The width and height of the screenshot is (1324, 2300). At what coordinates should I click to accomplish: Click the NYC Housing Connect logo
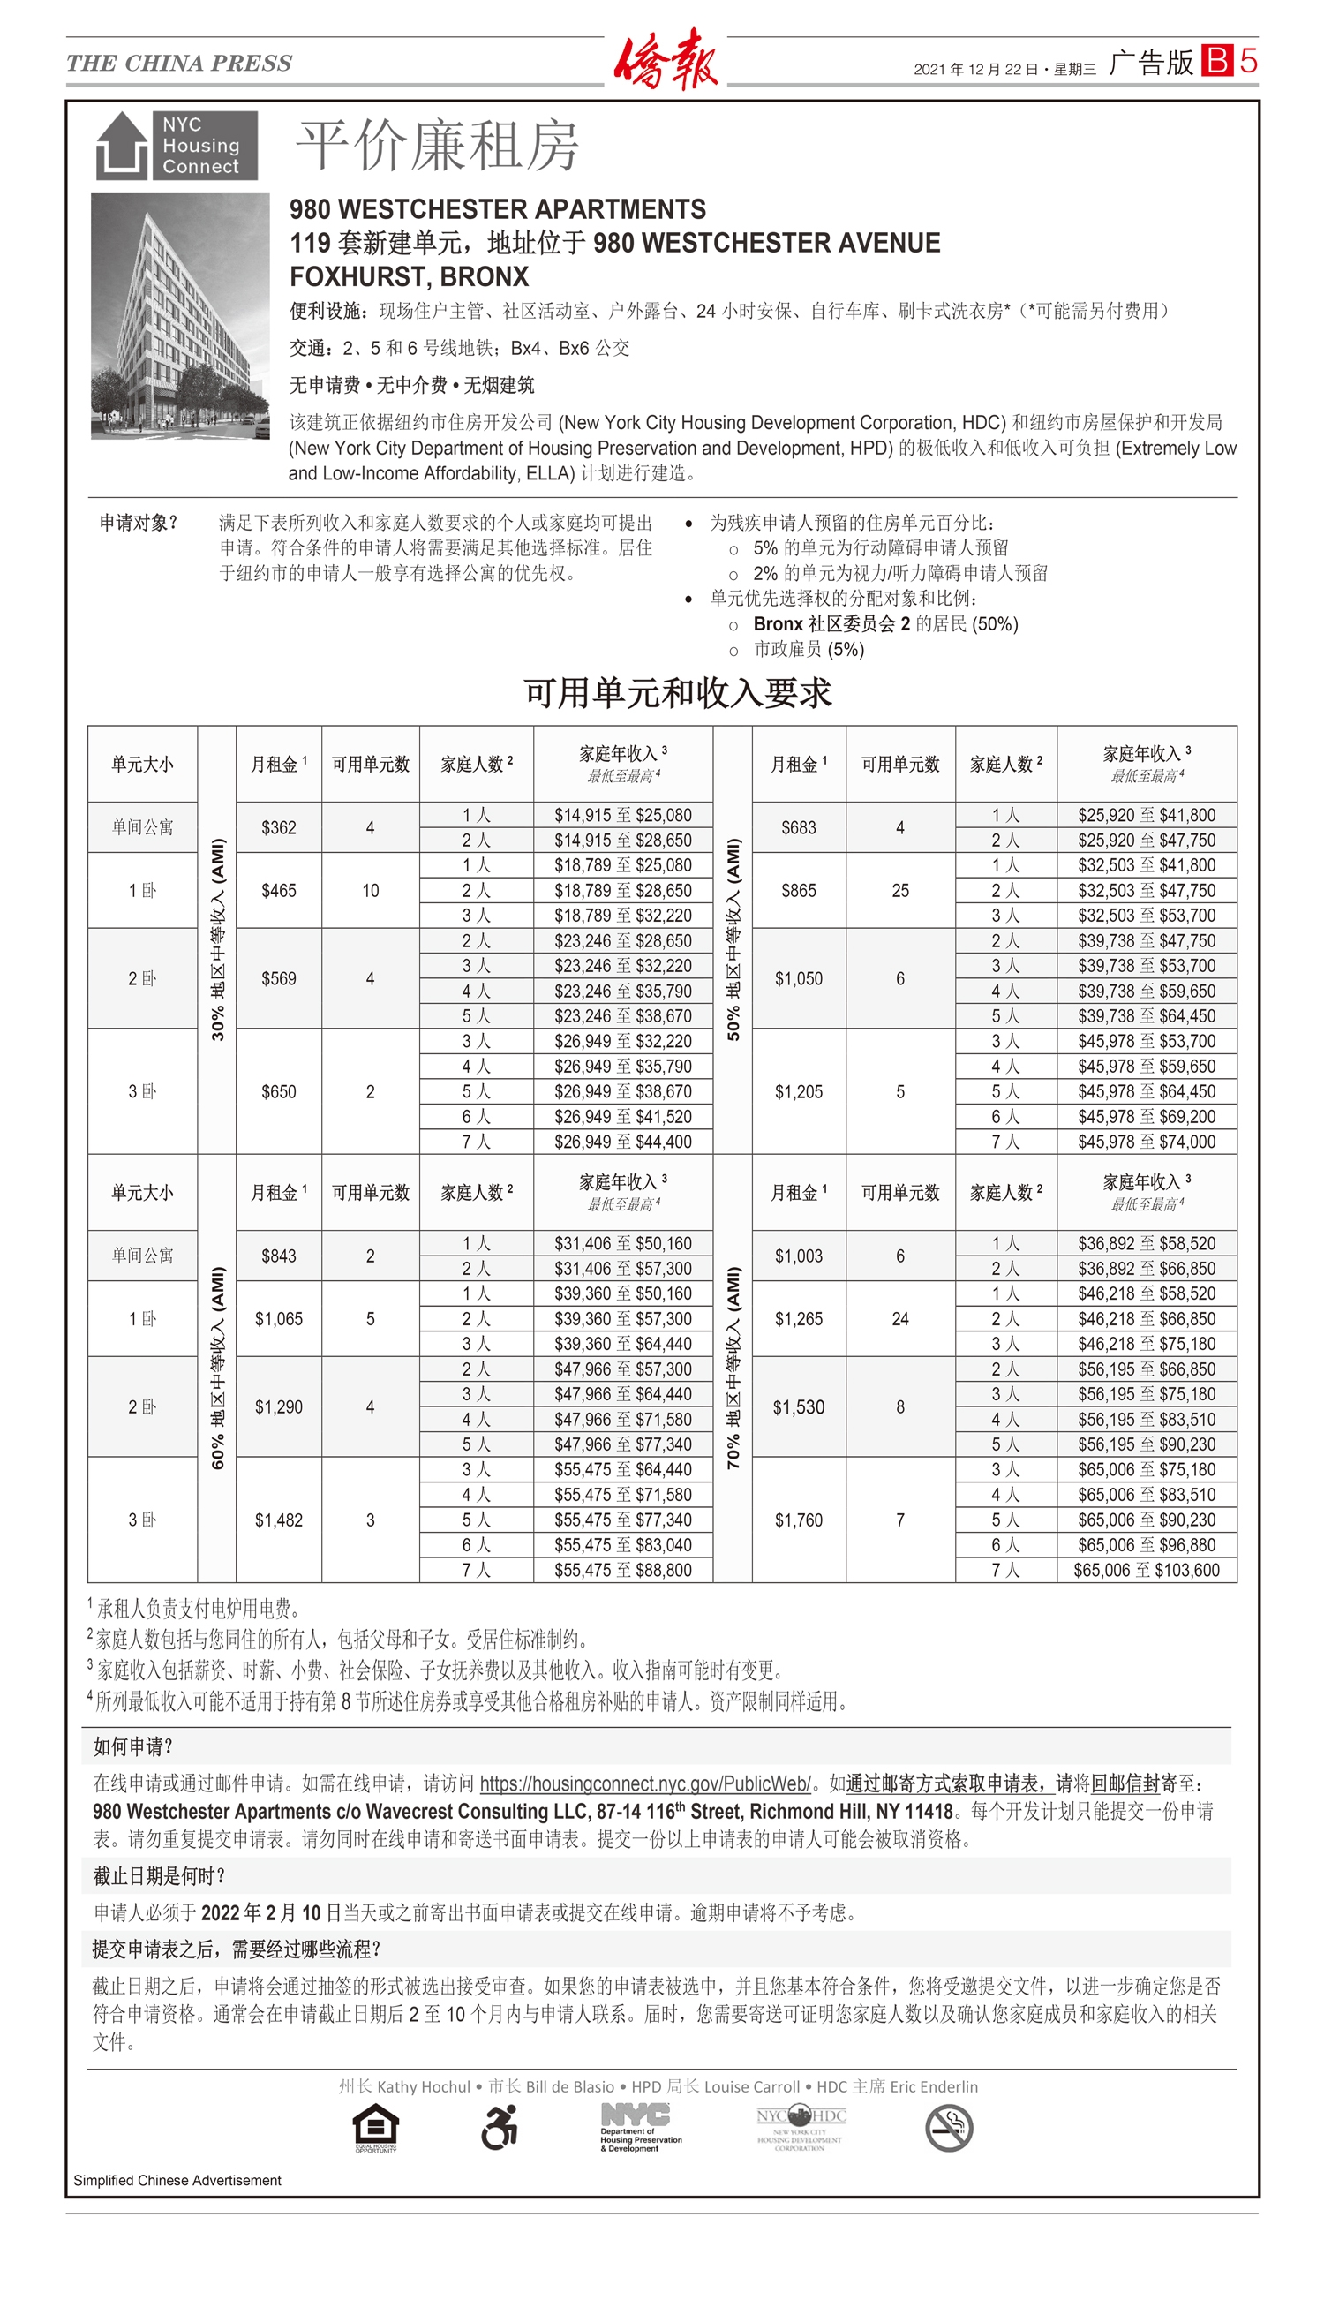tap(177, 146)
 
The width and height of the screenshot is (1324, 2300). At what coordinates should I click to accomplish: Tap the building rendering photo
tap(180, 315)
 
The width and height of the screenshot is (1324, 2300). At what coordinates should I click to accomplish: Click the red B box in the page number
tap(1216, 61)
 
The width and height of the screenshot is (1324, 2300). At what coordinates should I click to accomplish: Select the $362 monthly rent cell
tap(278, 827)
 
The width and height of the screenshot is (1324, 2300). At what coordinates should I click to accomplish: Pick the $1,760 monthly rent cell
tap(799, 1520)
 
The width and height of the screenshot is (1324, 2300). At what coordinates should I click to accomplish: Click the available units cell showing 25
tap(900, 890)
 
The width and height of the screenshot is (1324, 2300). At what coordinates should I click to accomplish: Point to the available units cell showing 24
tap(900, 1319)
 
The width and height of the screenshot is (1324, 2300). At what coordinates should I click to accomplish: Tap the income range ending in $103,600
tap(1146, 1570)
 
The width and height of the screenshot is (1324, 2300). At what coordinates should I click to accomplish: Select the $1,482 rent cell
tap(278, 1520)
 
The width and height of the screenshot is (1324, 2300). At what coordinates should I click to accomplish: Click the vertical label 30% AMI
tap(217, 939)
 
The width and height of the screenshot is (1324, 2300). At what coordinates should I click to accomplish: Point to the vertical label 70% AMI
tap(733, 1368)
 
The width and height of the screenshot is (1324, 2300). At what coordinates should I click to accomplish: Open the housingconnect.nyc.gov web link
tap(644, 1783)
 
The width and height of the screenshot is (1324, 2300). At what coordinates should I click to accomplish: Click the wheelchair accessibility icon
tap(500, 2127)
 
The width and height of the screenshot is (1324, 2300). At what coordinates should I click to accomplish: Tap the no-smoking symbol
tap(949, 2128)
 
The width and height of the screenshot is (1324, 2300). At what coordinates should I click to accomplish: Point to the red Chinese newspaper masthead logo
tap(666, 59)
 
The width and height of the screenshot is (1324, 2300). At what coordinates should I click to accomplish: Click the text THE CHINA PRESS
tap(179, 63)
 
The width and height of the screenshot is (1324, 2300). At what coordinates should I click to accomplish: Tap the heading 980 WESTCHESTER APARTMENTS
tap(498, 209)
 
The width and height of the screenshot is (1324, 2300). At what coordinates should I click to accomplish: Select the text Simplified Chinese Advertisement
tap(177, 2180)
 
